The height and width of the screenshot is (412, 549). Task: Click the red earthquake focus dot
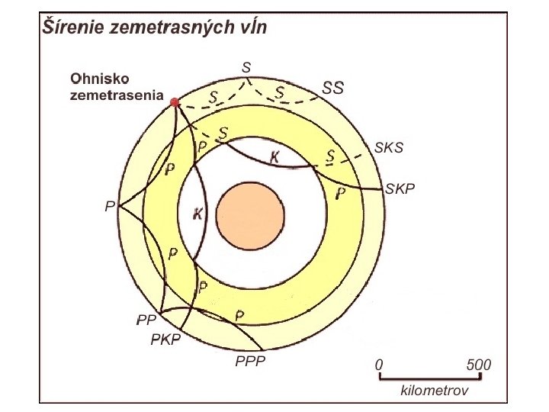(x=175, y=101)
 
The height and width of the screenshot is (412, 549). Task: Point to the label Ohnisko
(x=101, y=78)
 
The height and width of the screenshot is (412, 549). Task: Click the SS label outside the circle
(x=333, y=88)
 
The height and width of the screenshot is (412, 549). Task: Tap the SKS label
(x=389, y=148)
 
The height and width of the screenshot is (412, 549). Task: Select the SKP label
(x=400, y=188)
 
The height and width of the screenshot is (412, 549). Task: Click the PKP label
(x=165, y=340)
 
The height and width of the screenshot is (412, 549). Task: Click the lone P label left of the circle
(x=110, y=207)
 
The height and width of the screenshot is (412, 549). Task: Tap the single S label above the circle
(x=246, y=67)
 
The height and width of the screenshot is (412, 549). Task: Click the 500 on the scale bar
(x=479, y=365)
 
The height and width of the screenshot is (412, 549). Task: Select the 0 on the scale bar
(x=379, y=365)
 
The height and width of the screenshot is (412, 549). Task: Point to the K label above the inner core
(x=274, y=157)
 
